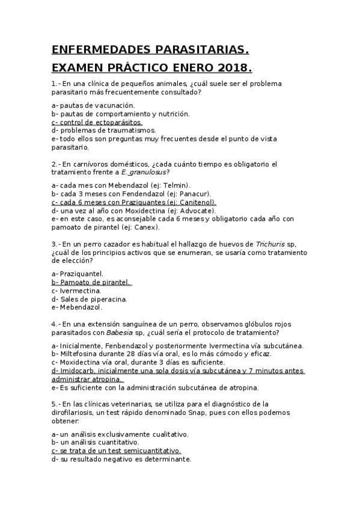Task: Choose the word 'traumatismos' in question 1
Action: (x=121, y=130)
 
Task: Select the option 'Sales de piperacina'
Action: (x=84, y=299)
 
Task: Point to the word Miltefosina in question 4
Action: (x=79, y=354)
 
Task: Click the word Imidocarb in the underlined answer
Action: (x=78, y=371)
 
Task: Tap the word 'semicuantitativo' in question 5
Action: (x=151, y=450)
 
